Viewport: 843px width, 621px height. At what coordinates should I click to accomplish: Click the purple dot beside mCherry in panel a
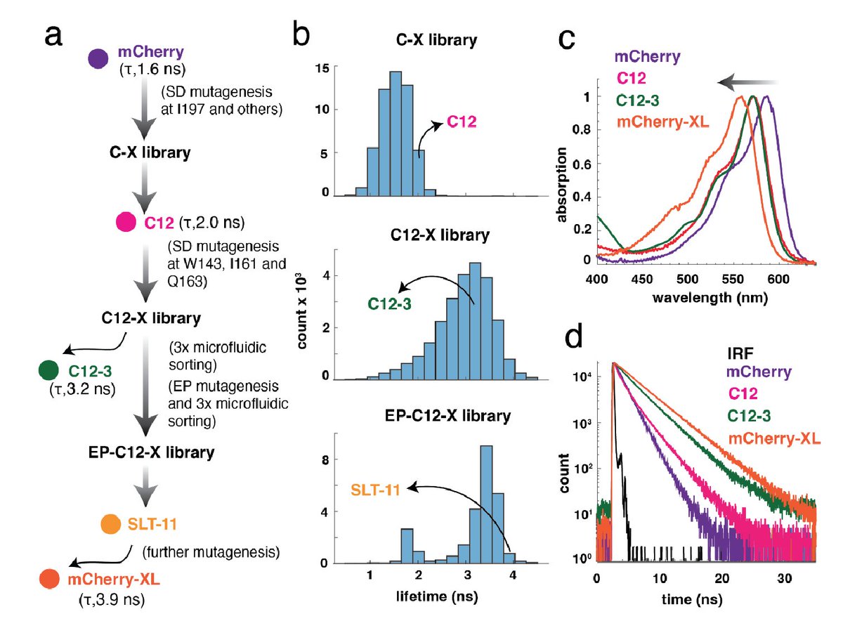tap(98, 59)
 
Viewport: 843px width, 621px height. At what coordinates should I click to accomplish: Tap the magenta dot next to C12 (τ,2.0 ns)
tap(126, 222)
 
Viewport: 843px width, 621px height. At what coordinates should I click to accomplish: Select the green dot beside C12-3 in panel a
tap(48, 370)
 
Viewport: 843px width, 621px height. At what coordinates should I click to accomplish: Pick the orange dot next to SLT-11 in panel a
tap(111, 524)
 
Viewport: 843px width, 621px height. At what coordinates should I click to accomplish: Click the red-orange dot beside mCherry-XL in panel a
tap(49, 579)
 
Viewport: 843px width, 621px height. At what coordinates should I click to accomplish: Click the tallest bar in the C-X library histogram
tap(396, 134)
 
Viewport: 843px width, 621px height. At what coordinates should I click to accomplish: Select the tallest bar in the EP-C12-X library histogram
tap(487, 504)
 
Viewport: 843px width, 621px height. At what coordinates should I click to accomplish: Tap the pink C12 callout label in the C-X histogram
tap(462, 122)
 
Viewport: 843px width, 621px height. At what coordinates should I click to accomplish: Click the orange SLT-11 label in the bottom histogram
tap(375, 490)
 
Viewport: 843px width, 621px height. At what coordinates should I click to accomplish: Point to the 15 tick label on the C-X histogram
tap(322, 68)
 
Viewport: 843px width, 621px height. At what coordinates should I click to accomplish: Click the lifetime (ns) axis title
tap(437, 596)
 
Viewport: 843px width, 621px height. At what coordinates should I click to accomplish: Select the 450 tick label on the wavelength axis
tap(642, 280)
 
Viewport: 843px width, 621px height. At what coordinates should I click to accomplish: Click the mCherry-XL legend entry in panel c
tap(662, 122)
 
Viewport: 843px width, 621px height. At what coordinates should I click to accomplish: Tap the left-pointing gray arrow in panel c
tap(747, 83)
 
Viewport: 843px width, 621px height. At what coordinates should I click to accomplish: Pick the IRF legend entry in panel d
tap(740, 353)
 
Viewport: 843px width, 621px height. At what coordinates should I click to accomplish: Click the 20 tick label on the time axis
tap(722, 578)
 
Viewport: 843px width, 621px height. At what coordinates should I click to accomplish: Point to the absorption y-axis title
tap(561, 185)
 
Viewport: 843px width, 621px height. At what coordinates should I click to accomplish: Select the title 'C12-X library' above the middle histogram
tap(440, 235)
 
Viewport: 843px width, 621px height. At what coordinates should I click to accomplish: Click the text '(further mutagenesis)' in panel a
tap(211, 552)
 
